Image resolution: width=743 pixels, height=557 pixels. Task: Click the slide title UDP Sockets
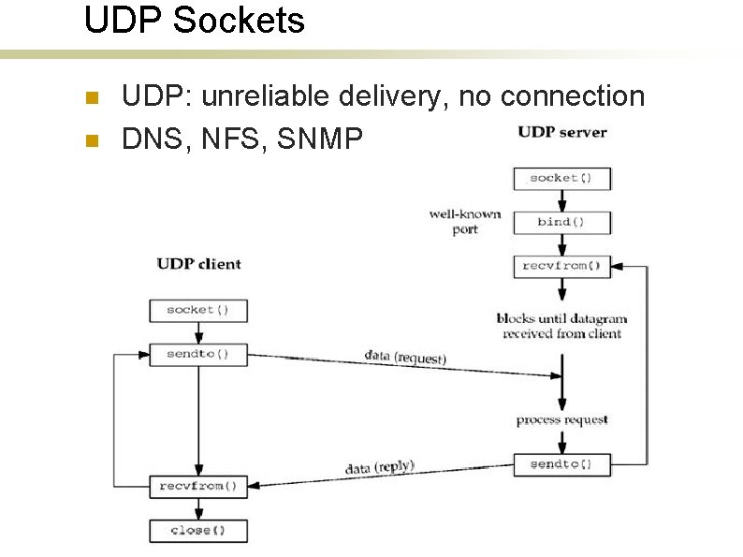pyautogui.click(x=195, y=21)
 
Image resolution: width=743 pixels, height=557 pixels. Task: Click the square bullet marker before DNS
pyautogui.click(x=91, y=140)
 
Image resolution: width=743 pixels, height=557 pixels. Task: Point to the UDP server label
pyautogui.click(x=562, y=132)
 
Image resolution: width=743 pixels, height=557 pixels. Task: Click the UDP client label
pyautogui.click(x=198, y=264)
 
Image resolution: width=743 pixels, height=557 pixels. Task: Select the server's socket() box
pyautogui.click(x=561, y=178)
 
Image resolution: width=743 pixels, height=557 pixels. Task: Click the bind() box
pyautogui.click(x=561, y=223)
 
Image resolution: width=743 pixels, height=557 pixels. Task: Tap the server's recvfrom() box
pyautogui.click(x=561, y=266)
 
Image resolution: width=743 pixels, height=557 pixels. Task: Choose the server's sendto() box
pyautogui.click(x=561, y=464)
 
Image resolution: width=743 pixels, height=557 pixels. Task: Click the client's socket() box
pyautogui.click(x=198, y=310)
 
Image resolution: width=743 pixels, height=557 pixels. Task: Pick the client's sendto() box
pyautogui.click(x=198, y=355)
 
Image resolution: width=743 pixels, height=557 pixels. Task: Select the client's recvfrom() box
pyautogui.click(x=198, y=486)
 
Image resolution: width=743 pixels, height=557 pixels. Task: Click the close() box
pyautogui.click(x=198, y=531)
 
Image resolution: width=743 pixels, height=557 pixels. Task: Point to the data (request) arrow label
pyautogui.click(x=404, y=357)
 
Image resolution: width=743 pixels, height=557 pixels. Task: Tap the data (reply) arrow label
pyautogui.click(x=379, y=466)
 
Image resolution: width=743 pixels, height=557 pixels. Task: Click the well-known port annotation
pyautogui.click(x=465, y=222)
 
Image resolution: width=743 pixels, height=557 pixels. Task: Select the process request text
pyautogui.click(x=561, y=419)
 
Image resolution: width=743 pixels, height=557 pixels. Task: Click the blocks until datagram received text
pyautogui.click(x=561, y=326)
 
